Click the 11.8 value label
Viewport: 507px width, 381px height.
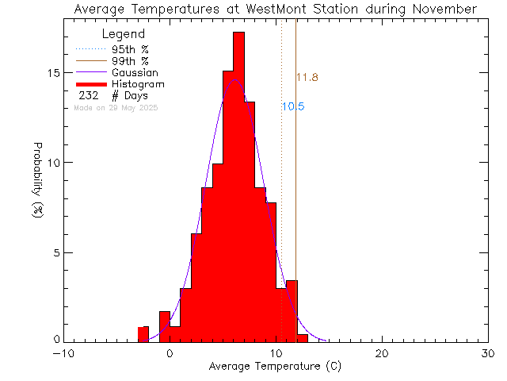(307, 78)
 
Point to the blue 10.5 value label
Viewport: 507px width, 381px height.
(293, 106)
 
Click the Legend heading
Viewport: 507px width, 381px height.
(124, 34)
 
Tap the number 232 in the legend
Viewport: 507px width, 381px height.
(88, 96)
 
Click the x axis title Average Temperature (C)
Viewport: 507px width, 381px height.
(276, 367)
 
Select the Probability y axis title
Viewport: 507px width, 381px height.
(38, 187)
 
